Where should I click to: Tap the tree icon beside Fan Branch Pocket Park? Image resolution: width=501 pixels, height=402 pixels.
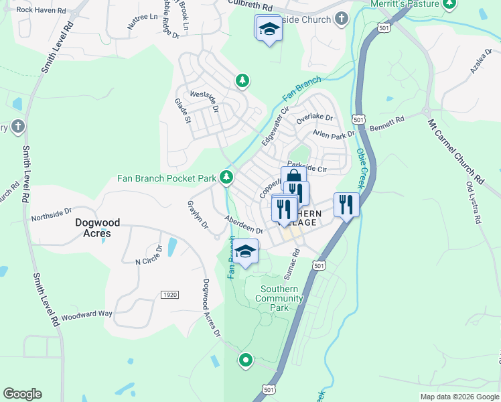click(227, 177)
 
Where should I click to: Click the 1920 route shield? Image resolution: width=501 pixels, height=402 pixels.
click(169, 295)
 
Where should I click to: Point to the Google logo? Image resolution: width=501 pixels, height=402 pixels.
click(22, 394)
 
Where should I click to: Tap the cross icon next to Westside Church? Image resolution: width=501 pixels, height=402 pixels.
click(342, 19)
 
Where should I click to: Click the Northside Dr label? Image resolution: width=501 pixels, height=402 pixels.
click(51, 215)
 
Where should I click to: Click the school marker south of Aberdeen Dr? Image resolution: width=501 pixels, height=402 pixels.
click(246, 251)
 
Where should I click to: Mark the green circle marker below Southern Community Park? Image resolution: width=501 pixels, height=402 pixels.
click(246, 360)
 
